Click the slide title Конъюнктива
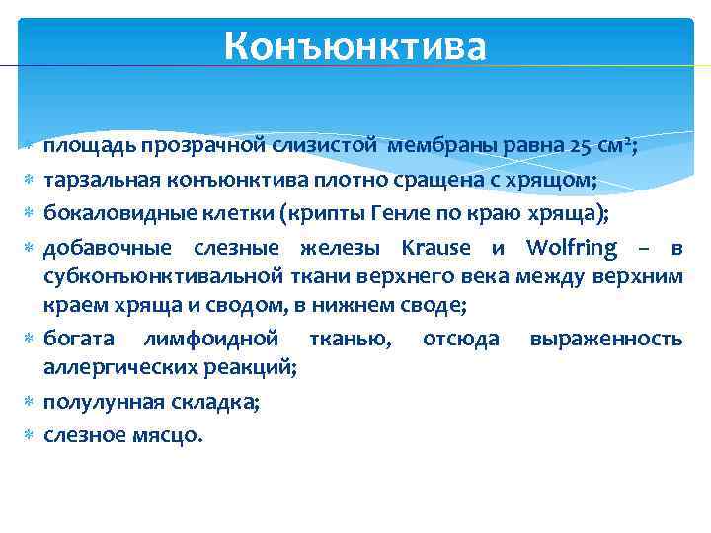point(355,46)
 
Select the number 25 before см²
point(581,147)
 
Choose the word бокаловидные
point(108,211)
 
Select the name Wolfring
point(571,247)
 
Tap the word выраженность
point(605,339)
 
